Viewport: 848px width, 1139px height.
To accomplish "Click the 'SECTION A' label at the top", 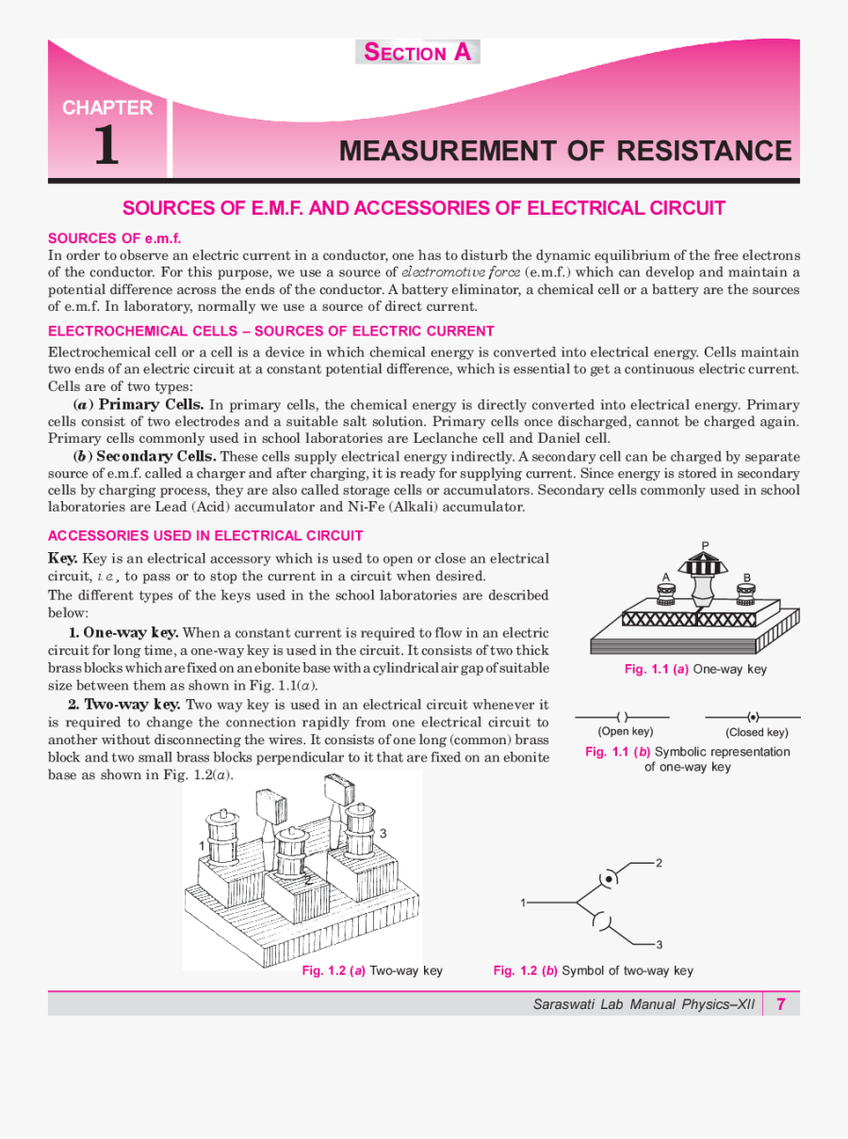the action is (x=417, y=53).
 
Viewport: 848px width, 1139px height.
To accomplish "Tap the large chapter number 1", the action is (x=106, y=147).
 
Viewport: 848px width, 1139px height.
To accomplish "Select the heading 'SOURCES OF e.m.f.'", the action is (x=114, y=238).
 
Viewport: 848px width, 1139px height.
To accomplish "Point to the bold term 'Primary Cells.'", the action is (x=151, y=404).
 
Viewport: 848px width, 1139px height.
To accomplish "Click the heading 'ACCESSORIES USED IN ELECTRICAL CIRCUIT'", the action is (x=205, y=536).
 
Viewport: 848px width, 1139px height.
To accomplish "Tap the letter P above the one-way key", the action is (x=706, y=545).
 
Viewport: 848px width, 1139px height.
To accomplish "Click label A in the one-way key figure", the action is (x=665, y=577).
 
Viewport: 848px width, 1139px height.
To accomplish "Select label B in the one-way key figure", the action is (x=746, y=578).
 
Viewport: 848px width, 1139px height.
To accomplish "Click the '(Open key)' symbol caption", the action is (x=625, y=731).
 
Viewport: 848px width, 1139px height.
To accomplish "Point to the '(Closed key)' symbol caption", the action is (x=757, y=732).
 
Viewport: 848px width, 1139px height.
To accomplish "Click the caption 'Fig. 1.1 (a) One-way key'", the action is (x=695, y=669).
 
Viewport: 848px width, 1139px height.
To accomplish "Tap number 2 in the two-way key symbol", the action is (x=659, y=863).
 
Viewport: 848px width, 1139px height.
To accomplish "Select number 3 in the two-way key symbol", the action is (x=659, y=944).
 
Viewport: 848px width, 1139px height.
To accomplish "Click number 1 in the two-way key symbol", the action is (x=523, y=903).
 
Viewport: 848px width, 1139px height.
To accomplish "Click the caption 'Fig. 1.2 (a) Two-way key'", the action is (x=371, y=970).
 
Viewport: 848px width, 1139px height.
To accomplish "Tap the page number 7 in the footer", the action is (x=781, y=1003).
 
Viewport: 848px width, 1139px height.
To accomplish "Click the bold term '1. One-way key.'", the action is (x=123, y=632).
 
